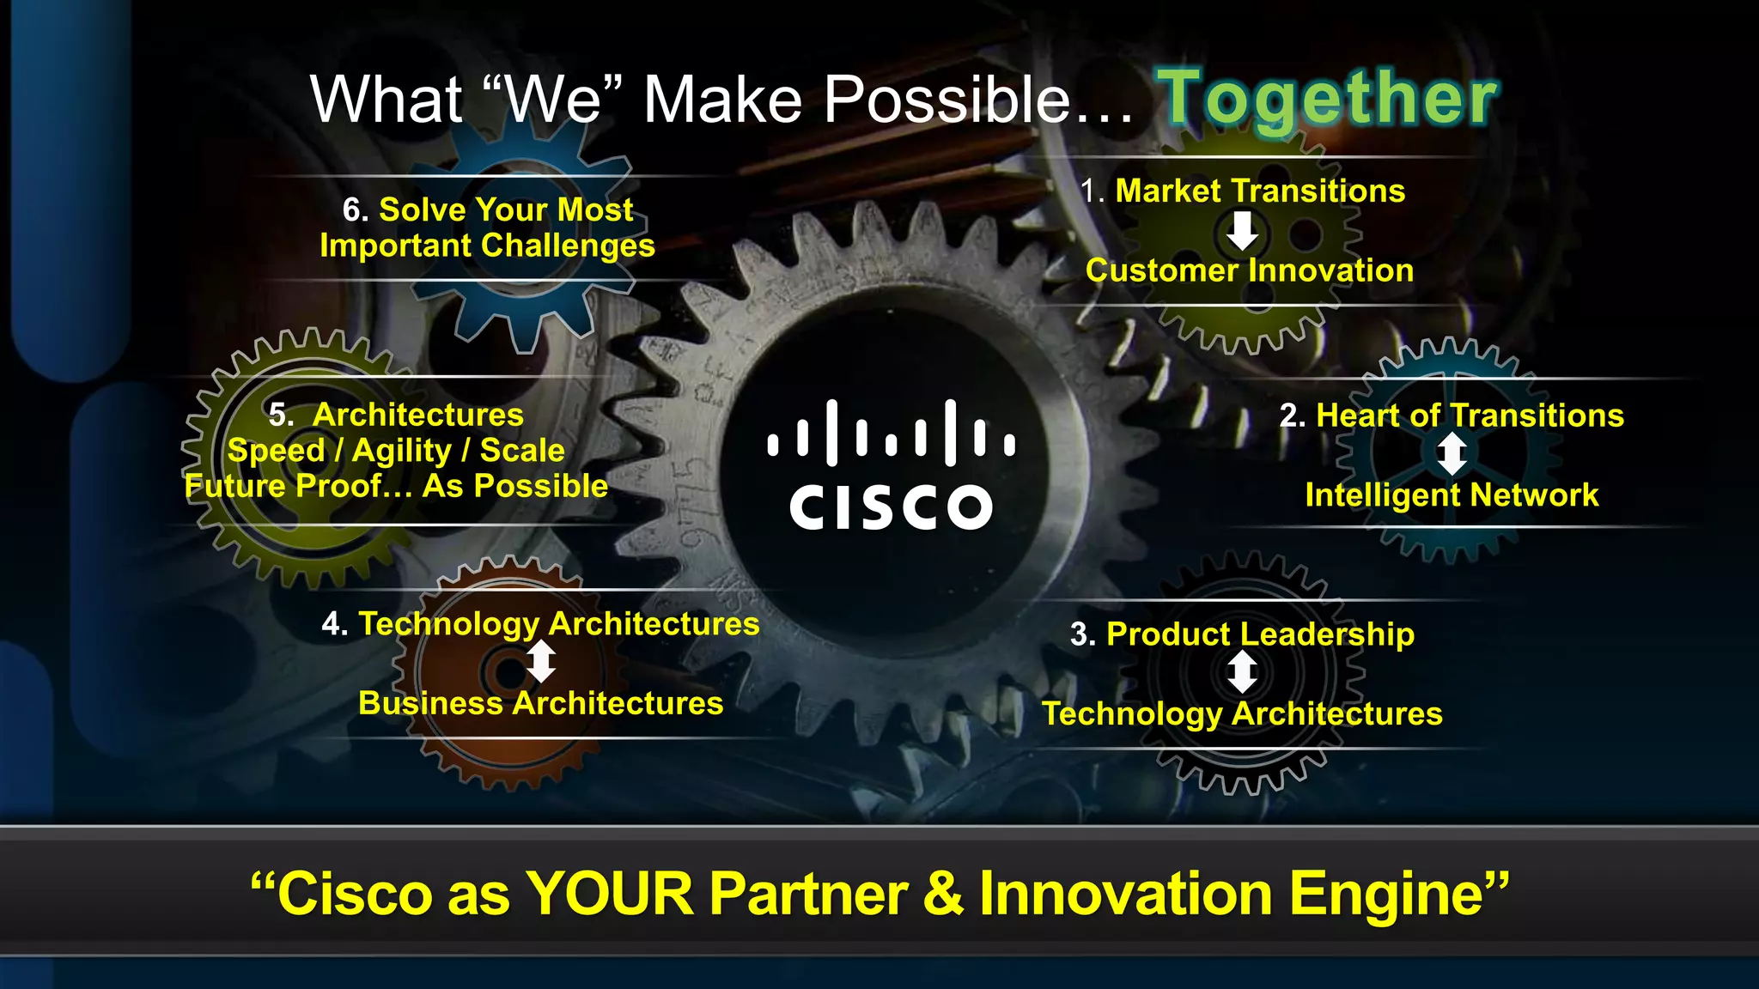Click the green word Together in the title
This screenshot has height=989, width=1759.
[1330, 99]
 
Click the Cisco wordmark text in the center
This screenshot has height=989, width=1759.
[891, 507]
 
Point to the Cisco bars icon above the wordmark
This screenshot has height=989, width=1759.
[891, 433]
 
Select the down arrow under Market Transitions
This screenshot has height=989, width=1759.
[1242, 231]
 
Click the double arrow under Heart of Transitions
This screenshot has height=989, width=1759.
[1452, 454]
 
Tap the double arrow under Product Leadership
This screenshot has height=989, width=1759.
[1242, 672]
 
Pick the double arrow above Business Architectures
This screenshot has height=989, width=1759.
[540, 663]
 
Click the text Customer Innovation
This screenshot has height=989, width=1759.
[1249, 270]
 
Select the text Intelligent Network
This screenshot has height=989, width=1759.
[1452, 495]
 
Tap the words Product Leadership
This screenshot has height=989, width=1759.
[1260, 634]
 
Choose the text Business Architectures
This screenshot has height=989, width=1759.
[540, 703]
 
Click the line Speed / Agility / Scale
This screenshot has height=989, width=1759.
[396, 451]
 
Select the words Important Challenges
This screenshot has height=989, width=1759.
[487, 246]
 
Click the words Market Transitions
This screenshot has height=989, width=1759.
[1260, 191]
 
